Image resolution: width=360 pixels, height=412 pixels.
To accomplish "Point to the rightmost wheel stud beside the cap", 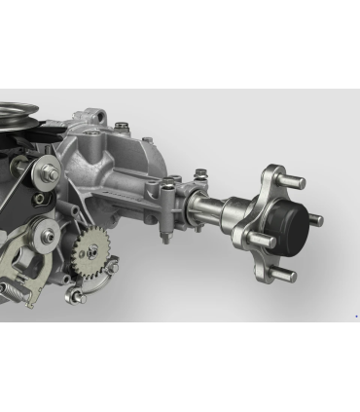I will coord(313,219).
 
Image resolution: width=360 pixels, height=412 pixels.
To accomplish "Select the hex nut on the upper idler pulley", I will coord(50,174).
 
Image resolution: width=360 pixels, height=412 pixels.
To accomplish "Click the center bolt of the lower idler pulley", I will coord(46,235).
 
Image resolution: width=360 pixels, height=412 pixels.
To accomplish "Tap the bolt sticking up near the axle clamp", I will coord(199,175).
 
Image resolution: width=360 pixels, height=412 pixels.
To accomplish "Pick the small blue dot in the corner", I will coord(355,316).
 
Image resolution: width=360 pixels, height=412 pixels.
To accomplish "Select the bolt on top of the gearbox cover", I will coord(121,126).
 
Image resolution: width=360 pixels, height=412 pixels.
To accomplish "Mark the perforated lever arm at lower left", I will coord(24,268).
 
